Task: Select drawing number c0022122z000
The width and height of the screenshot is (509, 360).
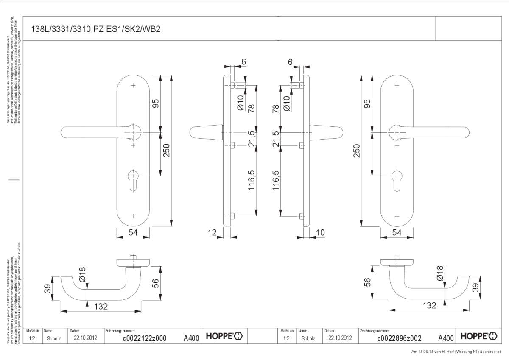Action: (x=144, y=338)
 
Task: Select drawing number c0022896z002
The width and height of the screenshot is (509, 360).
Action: (x=399, y=338)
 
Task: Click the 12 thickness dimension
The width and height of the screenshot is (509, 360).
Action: (x=213, y=232)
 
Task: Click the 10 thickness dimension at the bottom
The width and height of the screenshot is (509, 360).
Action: (x=320, y=232)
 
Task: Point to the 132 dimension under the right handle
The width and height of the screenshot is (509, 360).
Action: (x=429, y=305)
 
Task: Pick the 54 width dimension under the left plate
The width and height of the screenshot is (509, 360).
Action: (x=133, y=232)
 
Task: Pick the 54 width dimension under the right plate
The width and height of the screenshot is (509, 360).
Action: (x=397, y=232)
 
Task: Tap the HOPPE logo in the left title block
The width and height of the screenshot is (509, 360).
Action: (x=224, y=337)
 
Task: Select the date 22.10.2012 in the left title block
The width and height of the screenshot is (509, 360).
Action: (x=86, y=338)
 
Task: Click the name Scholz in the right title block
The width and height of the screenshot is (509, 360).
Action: (x=308, y=338)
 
